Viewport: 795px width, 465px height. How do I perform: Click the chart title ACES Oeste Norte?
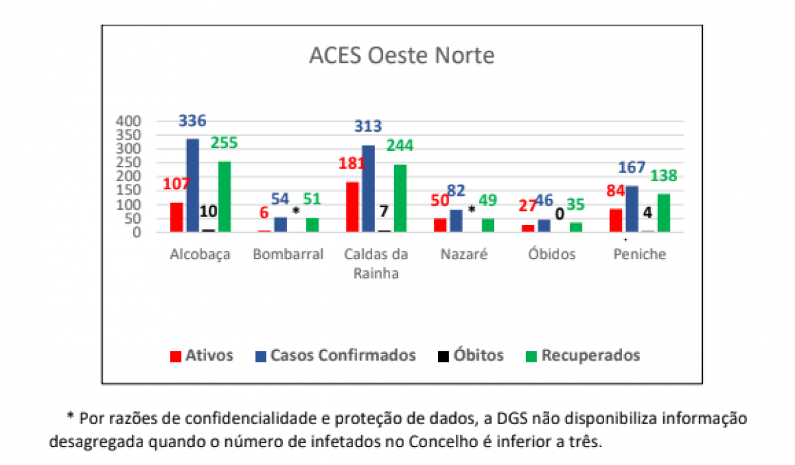tap(401, 56)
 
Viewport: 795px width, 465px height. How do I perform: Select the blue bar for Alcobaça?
tap(193, 185)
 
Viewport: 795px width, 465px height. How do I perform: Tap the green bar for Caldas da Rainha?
tap(400, 198)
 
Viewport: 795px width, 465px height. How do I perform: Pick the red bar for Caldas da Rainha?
tap(352, 207)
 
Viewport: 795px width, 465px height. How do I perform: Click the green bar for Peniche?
tap(664, 212)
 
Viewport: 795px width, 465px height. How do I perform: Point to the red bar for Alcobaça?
tap(176, 217)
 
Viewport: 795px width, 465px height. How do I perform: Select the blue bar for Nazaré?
tap(456, 220)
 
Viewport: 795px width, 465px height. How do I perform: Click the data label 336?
tap(193, 122)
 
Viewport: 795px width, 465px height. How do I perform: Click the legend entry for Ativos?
tap(202, 356)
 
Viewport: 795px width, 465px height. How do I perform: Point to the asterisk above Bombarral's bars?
tap(295, 211)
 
